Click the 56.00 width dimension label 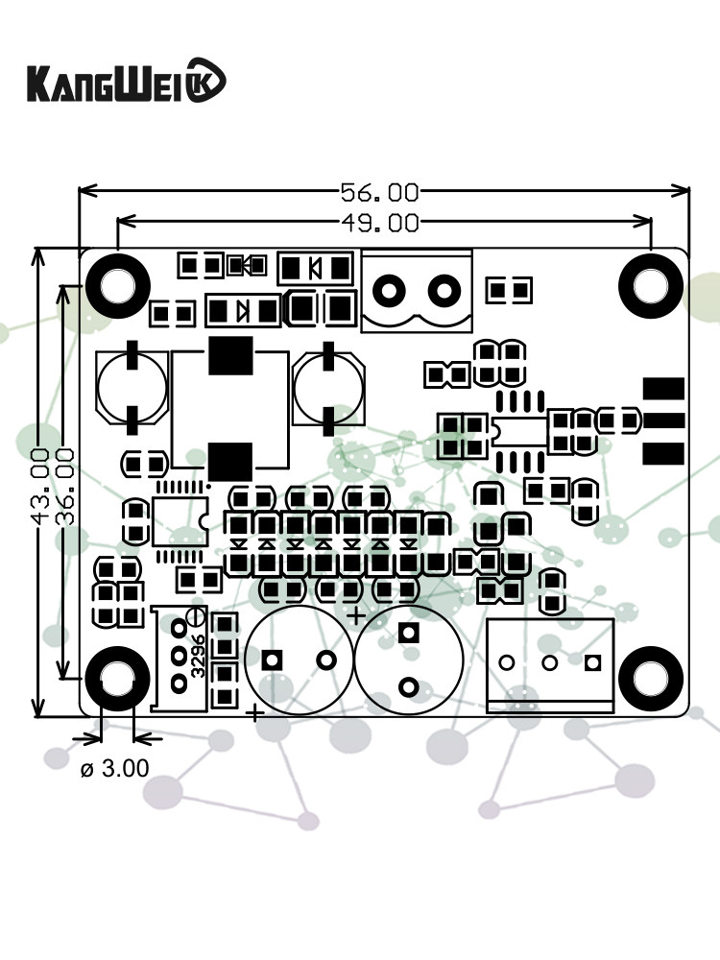point(380,192)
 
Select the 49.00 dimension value point(380,224)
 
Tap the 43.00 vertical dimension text point(40,485)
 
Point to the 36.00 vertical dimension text point(66,485)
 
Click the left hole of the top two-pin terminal point(391,288)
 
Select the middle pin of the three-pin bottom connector point(550,662)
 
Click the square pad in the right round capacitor point(409,634)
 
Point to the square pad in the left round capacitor point(273,660)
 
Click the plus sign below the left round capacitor point(255,712)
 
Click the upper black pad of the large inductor point(229,356)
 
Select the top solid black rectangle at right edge point(662,389)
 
